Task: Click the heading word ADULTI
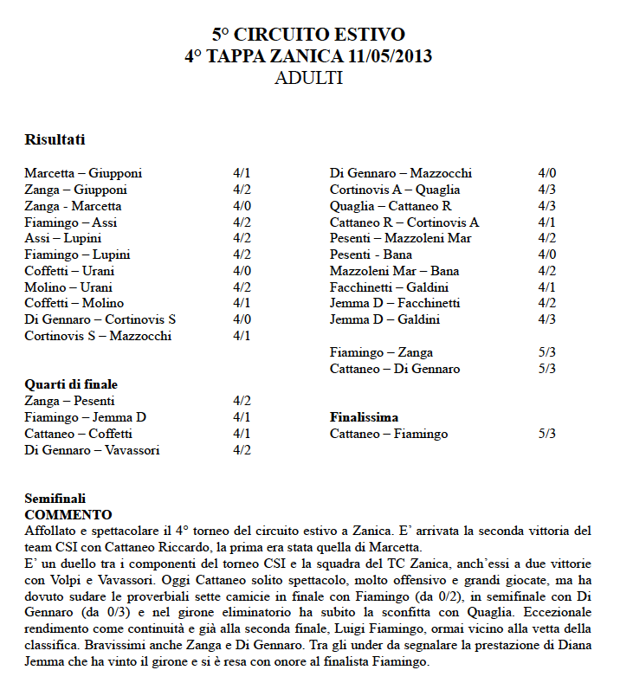[309, 78]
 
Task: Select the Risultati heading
[55, 139]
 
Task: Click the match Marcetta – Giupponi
[83, 173]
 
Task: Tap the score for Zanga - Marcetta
[242, 206]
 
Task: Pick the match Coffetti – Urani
[68, 271]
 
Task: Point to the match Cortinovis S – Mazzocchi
[98, 336]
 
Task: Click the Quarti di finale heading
[71, 384]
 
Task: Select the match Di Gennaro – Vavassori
[92, 450]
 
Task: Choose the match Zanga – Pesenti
[69, 401]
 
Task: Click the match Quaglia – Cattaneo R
[391, 206]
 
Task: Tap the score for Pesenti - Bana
[547, 255]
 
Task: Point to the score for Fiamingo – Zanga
[547, 352]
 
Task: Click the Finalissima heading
[364, 417]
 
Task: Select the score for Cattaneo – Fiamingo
[547, 434]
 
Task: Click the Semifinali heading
[55, 499]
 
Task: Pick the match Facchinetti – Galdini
[389, 287]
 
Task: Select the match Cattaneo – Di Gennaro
[395, 369]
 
